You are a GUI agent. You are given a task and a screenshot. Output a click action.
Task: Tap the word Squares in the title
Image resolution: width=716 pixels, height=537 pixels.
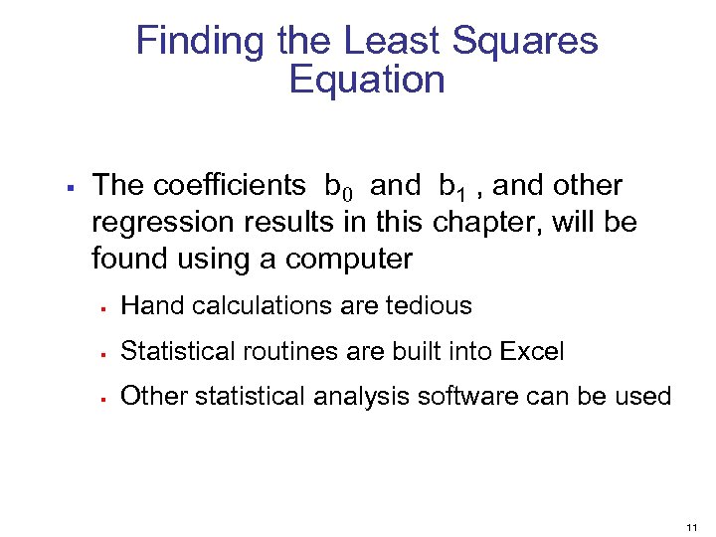pyautogui.click(x=525, y=42)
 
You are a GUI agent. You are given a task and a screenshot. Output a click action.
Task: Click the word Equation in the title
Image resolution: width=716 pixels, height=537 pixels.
pyautogui.click(x=367, y=80)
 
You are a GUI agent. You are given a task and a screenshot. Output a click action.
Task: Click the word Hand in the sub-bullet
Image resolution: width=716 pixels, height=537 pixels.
pyautogui.click(x=147, y=306)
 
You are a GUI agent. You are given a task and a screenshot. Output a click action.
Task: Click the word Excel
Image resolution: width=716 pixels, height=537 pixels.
pyautogui.click(x=532, y=351)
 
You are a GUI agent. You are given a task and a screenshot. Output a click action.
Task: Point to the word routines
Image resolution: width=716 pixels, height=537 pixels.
pyautogui.click(x=297, y=351)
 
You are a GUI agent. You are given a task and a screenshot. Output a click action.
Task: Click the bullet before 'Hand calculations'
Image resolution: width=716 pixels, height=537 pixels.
pyautogui.click(x=102, y=307)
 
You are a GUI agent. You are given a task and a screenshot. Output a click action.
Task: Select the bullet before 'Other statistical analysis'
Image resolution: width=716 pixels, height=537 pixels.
pyautogui.click(x=102, y=397)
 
